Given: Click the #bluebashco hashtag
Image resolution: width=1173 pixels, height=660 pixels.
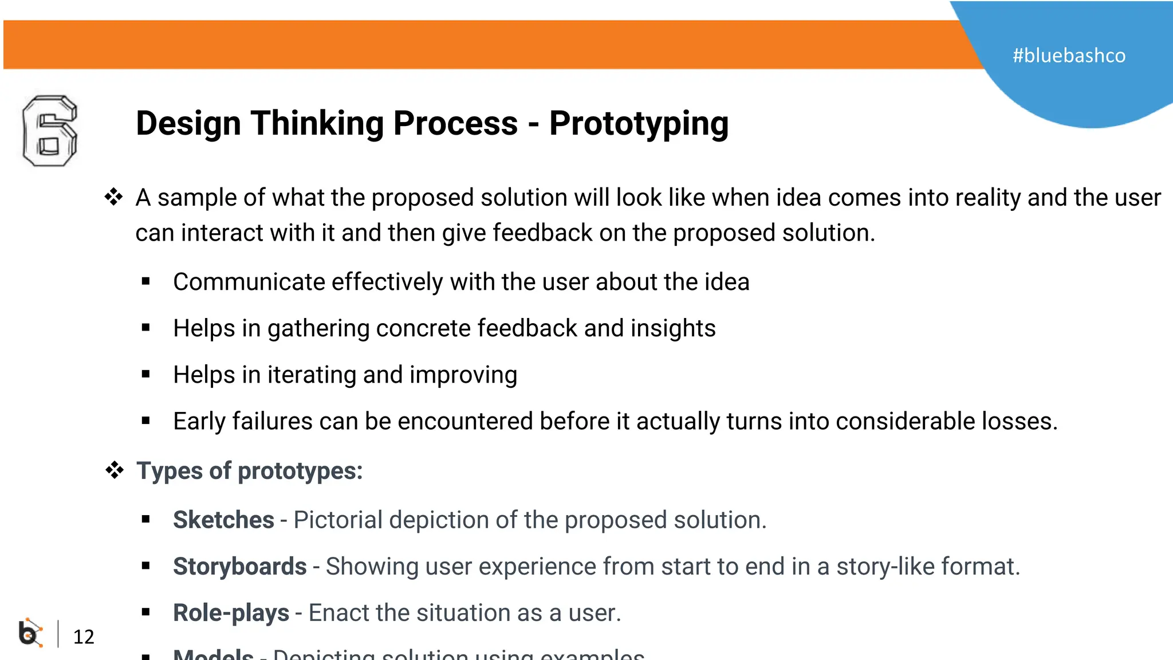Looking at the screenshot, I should pos(1069,56).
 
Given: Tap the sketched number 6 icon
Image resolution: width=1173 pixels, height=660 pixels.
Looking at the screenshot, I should pos(50,131).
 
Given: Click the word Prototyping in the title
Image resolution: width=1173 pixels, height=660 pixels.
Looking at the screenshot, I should pos(639,124).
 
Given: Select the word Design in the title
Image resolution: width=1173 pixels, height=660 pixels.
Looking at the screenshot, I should pos(188,124).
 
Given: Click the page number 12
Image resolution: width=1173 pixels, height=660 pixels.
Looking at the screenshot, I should pos(84,637).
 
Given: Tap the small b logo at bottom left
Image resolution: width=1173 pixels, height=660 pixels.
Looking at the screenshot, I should pos(30,633).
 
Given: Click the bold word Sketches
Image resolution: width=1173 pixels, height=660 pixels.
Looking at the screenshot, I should pos(223,520).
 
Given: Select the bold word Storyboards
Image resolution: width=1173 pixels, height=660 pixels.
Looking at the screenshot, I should pos(239,566).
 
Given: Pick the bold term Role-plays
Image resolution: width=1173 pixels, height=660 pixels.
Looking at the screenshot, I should pos(231,612).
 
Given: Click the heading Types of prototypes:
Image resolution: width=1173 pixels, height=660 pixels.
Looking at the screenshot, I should pos(249,471).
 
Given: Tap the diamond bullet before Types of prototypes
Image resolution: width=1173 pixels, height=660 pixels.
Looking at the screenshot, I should pos(115,470).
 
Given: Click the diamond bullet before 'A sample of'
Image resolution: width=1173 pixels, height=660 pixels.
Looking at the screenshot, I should pos(114,197).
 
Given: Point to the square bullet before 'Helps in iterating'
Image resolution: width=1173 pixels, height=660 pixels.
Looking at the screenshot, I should pos(146,375).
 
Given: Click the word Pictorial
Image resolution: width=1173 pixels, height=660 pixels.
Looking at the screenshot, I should pos(338,520).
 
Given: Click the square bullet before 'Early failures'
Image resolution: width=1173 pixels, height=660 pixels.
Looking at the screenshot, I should pos(146,421).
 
